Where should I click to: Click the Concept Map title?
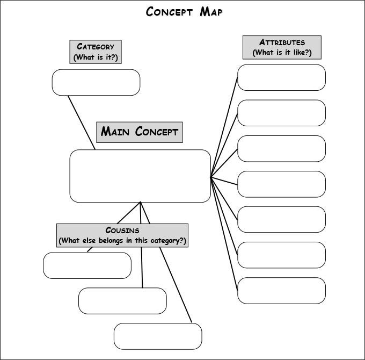pyautogui.click(x=184, y=12)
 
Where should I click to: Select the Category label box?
pyautogui.click(x=96, y=52)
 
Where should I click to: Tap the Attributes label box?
pyautogui.click(x=282, y=47)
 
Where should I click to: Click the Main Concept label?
pyautogui.click(x=140, y=132)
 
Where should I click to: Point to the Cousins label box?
pyautogui.click(x=122, y=235)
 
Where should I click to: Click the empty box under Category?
pyautogui.click(x=96, y=82)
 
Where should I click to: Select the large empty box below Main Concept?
pyautogui.click(x=140, y=176)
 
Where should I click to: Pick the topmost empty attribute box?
pyautogui.click(x=281, y=77)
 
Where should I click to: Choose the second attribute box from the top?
pyautogui.click(x=281, y=113)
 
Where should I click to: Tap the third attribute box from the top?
pyautogui.click(x=281, y=148)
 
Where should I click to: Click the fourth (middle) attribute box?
pyautogui.click(x=281, y=184)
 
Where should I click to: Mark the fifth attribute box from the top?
pyautogui.click(x=281, y=219)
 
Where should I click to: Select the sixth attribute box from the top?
pyautogui.click(x=281, y=255)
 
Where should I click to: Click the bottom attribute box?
pyautogui.click(x=281, y=290)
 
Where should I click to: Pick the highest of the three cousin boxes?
pyautogui.click(x=87, y=265)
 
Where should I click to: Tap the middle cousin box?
pyautogui.click(x=122, y=301)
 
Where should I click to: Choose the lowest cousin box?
pyautogui.click(x=158, y=336)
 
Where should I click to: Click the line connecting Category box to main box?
pyautogui.click(x=82, y=123)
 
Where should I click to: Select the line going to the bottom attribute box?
pyautogui.click(x=223, y=231)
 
